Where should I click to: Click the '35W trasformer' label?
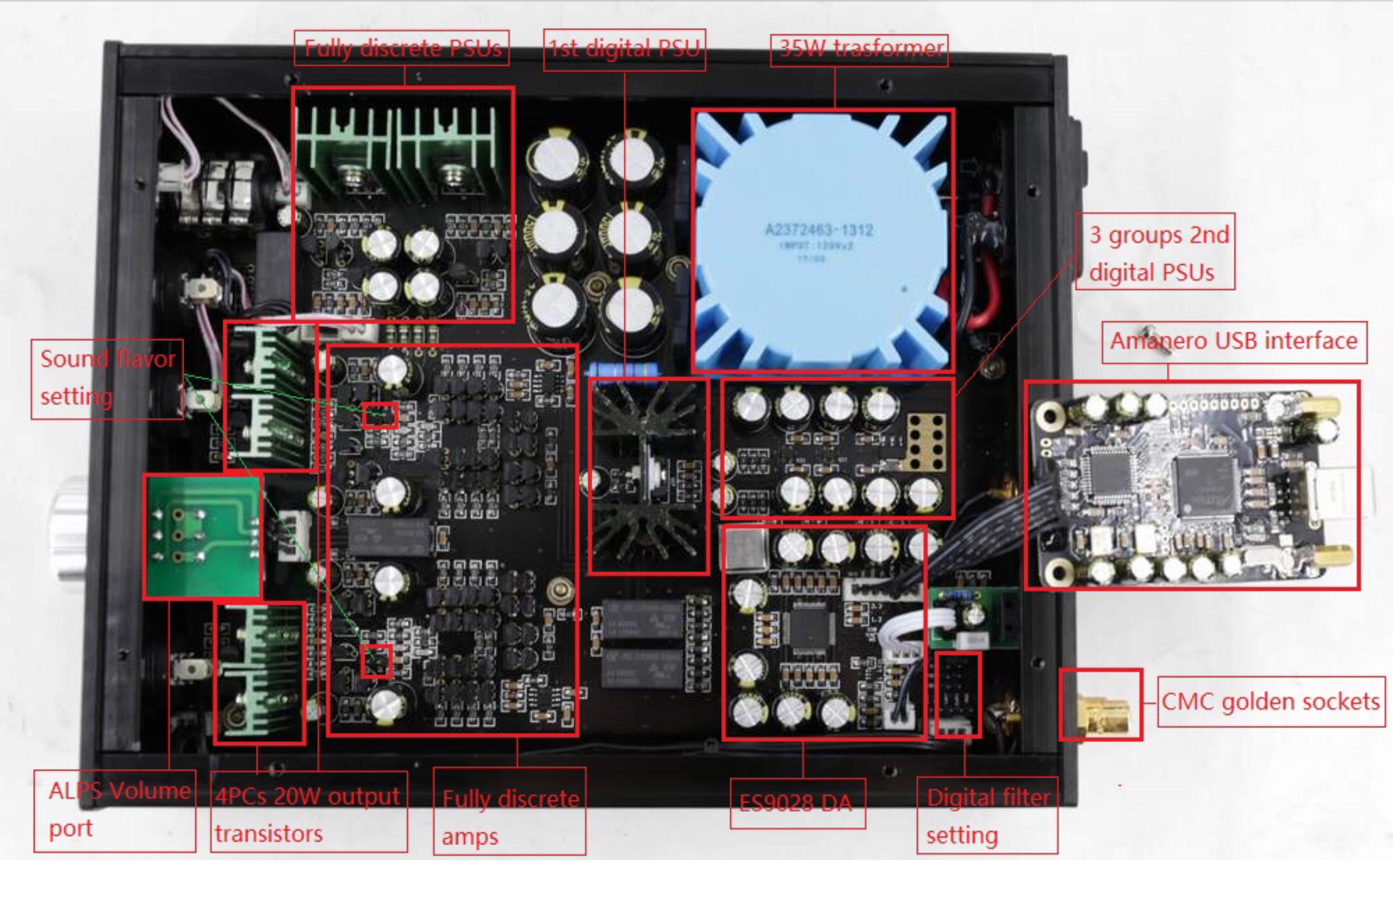(x=859, y=49)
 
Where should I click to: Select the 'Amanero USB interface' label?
(x=1233, y=341)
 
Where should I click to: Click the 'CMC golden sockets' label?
(x=1270, y=702)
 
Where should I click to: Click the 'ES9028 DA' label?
(x=797, y=803)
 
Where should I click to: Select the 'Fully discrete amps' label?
(x=509, y=817)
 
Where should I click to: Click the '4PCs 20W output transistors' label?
(x=308, y=814)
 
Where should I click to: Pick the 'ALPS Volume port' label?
(x=115, y=809)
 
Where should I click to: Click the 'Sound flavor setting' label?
(x=106, y=378)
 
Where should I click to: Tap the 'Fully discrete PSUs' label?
(x=401, y=48)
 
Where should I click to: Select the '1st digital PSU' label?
(x=624, y=49)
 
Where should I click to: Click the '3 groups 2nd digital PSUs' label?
(x=1156, y=253)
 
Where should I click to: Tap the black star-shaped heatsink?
(x=648, y=476)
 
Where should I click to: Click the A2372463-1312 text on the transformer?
(x=819, y=230)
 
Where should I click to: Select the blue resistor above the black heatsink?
(x=624, y=370)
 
